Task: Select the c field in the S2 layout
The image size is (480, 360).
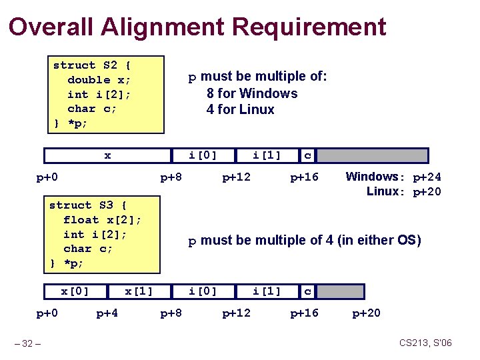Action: click(x=307, y=155)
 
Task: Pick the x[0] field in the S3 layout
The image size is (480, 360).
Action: click(x=75, y=291)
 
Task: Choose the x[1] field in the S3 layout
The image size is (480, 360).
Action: click(x=139, y=291)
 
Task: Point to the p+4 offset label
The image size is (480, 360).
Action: click(x=107, y=313)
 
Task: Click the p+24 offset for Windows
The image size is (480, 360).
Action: click(x=427, y=177)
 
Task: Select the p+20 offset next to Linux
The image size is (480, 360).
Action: click(x=427, y=192)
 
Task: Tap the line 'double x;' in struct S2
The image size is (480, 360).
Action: click(x=99, y=80)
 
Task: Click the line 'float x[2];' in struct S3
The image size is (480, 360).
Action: click(x=102, y=220)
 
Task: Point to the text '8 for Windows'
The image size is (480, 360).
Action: click(x=252, y=93)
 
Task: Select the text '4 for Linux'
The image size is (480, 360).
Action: click(x=241, y=109)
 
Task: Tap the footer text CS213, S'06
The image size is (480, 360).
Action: click(x=425, y=343)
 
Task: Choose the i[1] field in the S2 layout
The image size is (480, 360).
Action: click(x=267, y=155)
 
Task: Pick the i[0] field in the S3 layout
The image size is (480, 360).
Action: click(x=203, y=291)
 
